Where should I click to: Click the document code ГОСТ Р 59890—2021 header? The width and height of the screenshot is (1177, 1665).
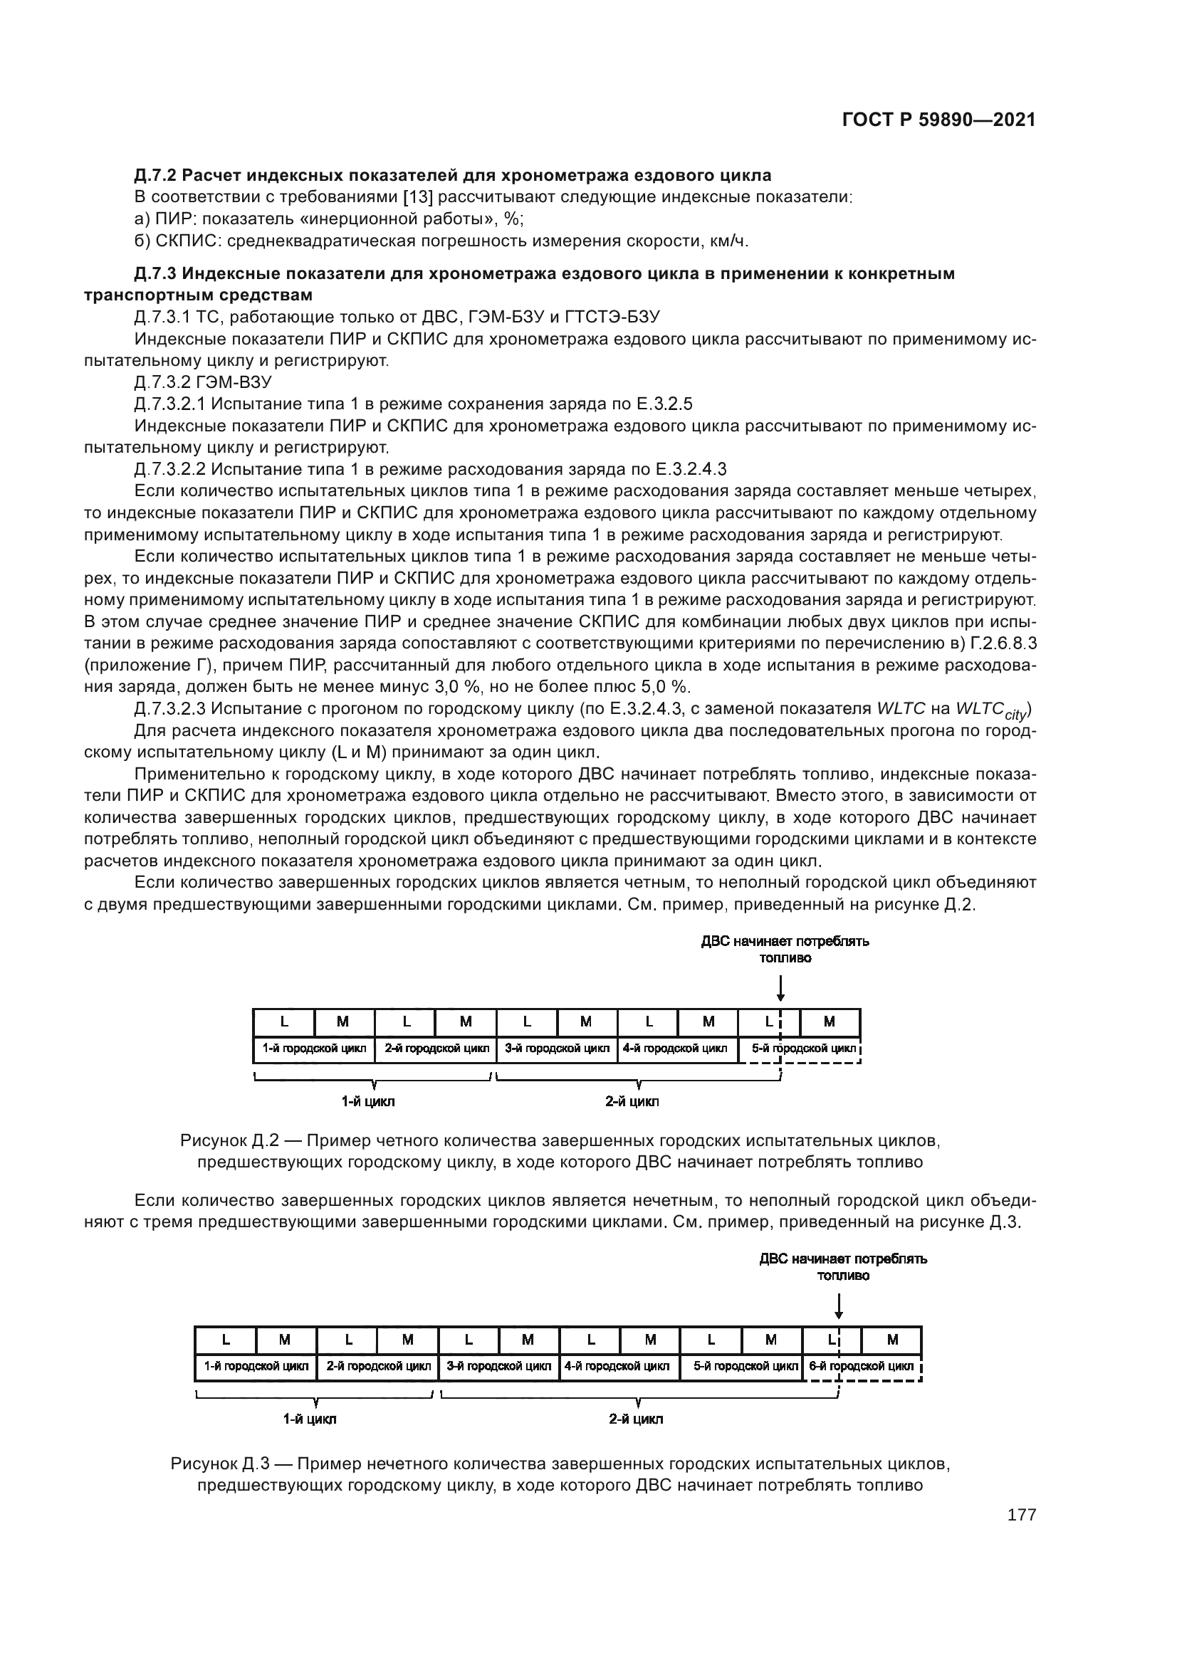click(x=938, y=120)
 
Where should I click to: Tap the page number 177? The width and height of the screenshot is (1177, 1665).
click(x=1021, y=1515)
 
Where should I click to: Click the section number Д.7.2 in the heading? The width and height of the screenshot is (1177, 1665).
click(x=156, y=176)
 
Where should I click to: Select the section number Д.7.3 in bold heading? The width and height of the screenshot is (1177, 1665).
click(x=156, y=273)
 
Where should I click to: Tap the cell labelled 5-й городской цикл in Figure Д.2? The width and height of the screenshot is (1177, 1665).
click(x=799, y=1049)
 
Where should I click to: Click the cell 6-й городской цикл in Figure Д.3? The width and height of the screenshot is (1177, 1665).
click(x=862, y=1366)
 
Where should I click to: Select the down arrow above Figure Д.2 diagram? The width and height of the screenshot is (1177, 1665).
click(x=780, y=989)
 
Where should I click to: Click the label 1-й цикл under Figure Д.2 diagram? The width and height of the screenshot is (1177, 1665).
click(x=367, y=1101)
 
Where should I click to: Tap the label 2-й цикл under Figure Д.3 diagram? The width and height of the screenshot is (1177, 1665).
click(x=635, y=1419)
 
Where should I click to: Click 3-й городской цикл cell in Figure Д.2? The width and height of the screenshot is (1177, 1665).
click(x=557, y=1049)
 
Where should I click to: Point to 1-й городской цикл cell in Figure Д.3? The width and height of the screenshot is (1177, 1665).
click(x=256, y=1366)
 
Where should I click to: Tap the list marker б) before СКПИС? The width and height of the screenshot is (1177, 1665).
click(x=142, y=241)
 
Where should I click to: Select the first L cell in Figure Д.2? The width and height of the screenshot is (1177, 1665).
click(x=284, y=1021)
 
